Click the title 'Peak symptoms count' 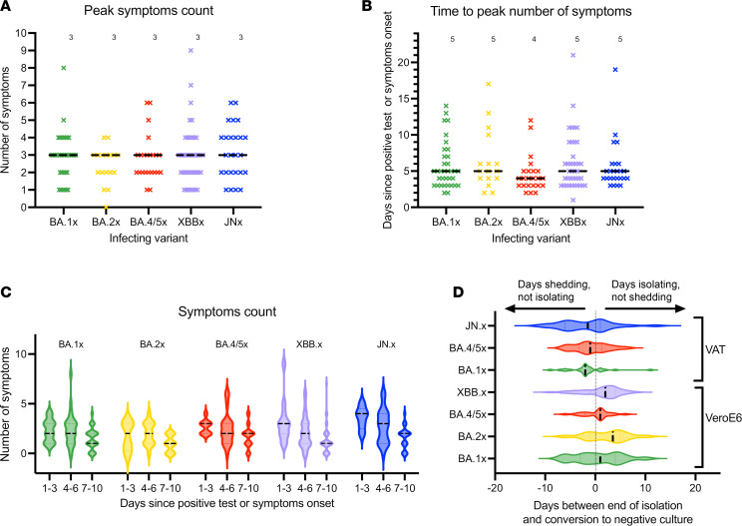149,10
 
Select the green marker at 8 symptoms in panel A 64,68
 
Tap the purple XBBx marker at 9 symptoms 191,50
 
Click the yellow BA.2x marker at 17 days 489,84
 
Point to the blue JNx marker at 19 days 615,70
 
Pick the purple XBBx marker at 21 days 573,55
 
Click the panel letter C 6,292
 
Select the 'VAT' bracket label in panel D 715,350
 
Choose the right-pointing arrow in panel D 645,308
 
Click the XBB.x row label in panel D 473,392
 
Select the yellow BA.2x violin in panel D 605,436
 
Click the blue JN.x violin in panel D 597,325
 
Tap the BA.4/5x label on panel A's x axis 148,222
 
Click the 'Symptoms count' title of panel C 227,312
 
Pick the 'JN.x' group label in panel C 386,344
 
